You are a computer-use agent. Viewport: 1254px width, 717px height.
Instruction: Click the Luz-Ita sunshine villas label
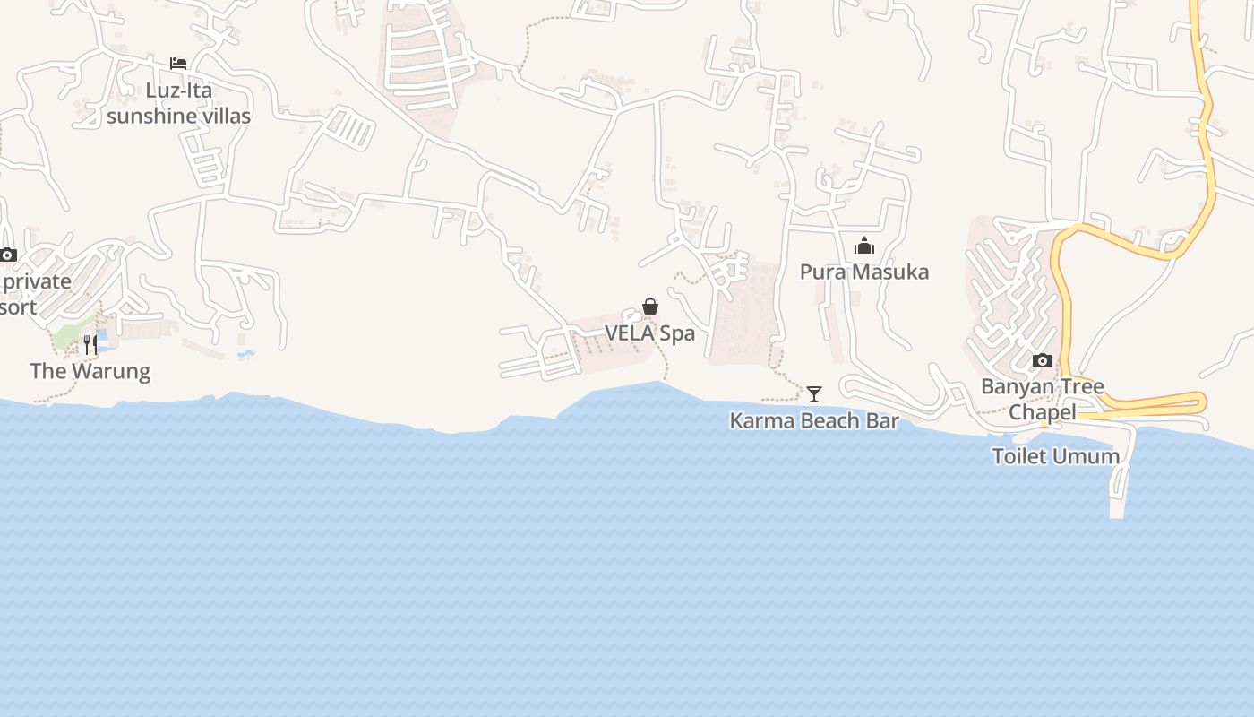178,103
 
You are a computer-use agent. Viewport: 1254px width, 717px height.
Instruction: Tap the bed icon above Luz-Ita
178,64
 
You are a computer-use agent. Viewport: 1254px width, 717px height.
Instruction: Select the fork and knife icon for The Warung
90,344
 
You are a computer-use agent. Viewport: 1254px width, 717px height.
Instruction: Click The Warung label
90,371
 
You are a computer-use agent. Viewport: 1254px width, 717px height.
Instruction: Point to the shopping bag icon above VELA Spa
650,307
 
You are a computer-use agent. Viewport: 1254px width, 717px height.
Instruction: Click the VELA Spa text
649,333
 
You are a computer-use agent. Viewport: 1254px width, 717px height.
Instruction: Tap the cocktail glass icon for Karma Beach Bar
813,393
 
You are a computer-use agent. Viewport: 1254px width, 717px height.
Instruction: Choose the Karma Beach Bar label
813,420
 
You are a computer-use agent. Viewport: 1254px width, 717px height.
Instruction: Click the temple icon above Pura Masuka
864,246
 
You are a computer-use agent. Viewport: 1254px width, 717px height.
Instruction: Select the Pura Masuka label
864,272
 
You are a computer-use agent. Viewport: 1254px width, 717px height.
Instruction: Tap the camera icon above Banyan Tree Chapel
1042,360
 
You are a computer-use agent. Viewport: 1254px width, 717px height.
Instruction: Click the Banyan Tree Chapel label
1043,399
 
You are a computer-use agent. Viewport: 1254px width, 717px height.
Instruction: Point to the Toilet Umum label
1055,456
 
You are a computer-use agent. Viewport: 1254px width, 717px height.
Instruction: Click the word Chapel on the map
1043,412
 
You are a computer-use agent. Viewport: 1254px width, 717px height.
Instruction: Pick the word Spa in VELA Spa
677,333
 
